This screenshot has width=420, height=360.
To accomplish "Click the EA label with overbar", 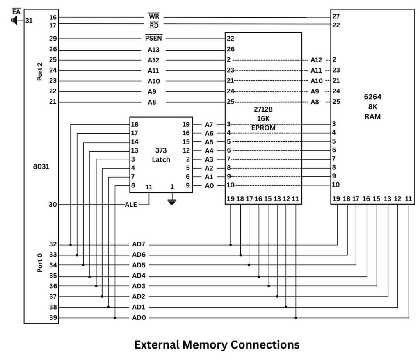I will [16, 12].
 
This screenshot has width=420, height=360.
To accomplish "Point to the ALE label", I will [131, 205].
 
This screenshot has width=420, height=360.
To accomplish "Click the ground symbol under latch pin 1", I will [172, 201].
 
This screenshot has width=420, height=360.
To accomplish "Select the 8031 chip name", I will [41, 167].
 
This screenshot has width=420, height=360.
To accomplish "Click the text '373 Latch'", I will [161, 155].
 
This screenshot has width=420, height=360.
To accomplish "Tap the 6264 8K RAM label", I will [372, 107].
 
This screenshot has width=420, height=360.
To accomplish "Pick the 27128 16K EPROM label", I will [263, 119].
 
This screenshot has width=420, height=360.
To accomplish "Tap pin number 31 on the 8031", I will [29, 21].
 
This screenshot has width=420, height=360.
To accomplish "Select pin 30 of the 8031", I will [52, 205].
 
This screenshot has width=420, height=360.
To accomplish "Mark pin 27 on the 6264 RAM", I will [336, 17].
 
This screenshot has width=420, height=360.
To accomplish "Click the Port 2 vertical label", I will [40, 71].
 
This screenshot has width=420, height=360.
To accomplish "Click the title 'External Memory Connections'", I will [217, 345].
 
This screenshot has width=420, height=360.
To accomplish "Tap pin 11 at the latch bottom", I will [149, 187].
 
